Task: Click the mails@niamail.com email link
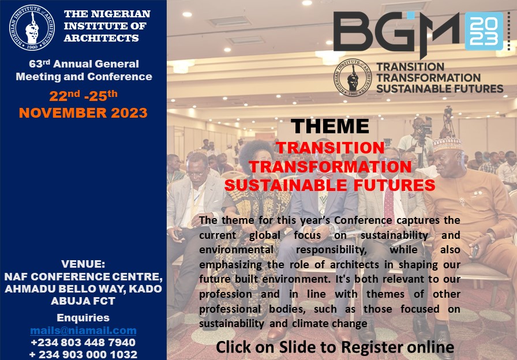[83, 331]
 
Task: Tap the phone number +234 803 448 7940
[83, 343]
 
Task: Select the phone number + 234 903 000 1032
[83, 354]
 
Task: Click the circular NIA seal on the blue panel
[32, 28]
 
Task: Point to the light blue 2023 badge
[484, 31]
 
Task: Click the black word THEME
[329, 126]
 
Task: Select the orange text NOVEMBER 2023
[83, 112]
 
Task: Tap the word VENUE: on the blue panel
[83, 264]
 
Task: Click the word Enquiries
[83, 317]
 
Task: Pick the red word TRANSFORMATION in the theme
[330, 167]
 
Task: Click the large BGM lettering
[396, 33]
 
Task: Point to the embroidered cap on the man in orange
[447, 144]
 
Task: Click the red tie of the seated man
[389, 206]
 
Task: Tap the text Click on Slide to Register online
[335, 347]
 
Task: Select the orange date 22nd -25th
[83, 96]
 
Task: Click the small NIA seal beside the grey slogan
[353, 77]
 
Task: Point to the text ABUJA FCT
[83, 301]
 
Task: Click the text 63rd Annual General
[84, 63]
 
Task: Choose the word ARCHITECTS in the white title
[102, 38]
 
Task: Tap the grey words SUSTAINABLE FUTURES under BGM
[440, 89]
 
